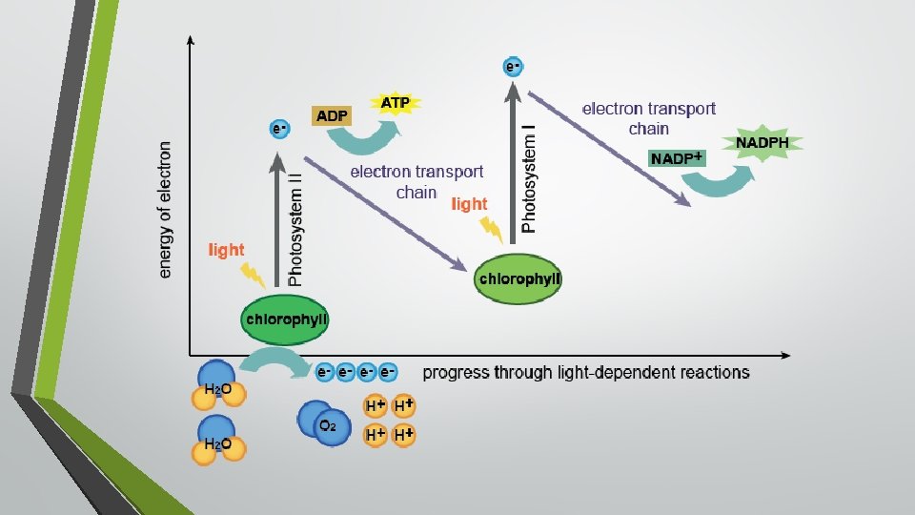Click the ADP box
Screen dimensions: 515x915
(x=332, y=115)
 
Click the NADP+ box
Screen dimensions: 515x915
(x=677, y=158)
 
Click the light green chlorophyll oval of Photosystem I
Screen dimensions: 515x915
(x=518, y=279)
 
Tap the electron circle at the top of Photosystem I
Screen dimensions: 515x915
(x=513, y=67)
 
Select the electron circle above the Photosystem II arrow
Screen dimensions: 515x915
(x=279, y=127)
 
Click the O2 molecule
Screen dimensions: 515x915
(x=320, y=422)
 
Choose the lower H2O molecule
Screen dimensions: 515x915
(x=217, y=441)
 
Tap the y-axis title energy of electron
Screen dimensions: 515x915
(x=166, y=210)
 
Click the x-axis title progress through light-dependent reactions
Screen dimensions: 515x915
(x=585, y=372)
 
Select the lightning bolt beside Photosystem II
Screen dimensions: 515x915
(x=254, y=276)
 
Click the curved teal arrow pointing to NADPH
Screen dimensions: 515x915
(x=720, y=184)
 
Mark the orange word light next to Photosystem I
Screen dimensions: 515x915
(x=468, y=204)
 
